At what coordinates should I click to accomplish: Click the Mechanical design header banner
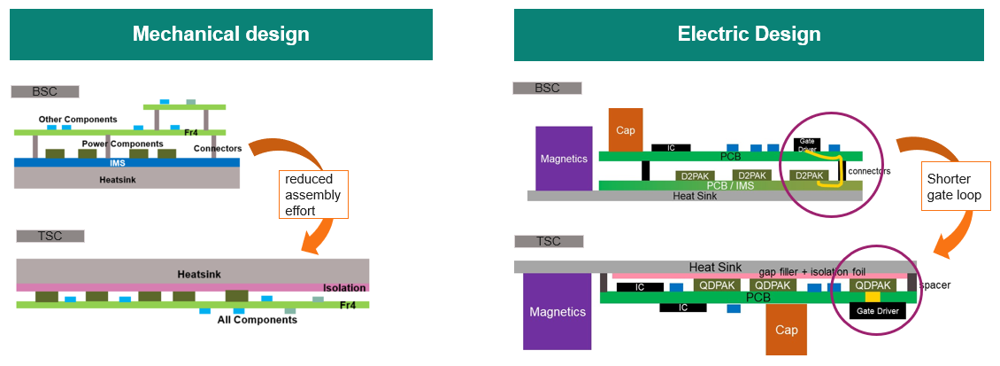pyautogui.click(x=220, y=35)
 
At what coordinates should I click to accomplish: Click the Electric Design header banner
pyautogui.click(x=749, y=35)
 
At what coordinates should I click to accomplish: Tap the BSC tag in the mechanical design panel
pyautogui.click(x=45, y=91)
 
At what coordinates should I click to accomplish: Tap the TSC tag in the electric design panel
pyautogui.click(x=548, y=241)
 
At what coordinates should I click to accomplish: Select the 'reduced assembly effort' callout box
pyautogui.click(x=312, y=194)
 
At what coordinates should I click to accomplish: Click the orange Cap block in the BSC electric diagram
pyautogui.click(x=626, y=130)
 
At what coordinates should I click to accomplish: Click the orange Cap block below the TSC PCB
pyautogui.click(x=785, y=331)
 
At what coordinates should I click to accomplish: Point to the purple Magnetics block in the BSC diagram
pyautogui.click(x=564, y=159)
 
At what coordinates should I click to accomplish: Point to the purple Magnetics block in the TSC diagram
pyautogui.click(x=558, y=311)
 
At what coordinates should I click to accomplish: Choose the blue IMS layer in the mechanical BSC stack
pyautogui.click(x=127, y=163)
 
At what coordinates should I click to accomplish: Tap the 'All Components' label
pyautogui.click(x=257, y=319)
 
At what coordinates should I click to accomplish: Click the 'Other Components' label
pyautogui.click(x=78, y=119)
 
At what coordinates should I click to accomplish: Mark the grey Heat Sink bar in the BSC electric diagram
pyautogui.click(x=694, y=196)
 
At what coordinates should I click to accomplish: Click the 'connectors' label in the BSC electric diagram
pyautogui.click(x=868, y=170)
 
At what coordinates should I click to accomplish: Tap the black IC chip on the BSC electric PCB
pyautogui.click(x=670, y=147)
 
